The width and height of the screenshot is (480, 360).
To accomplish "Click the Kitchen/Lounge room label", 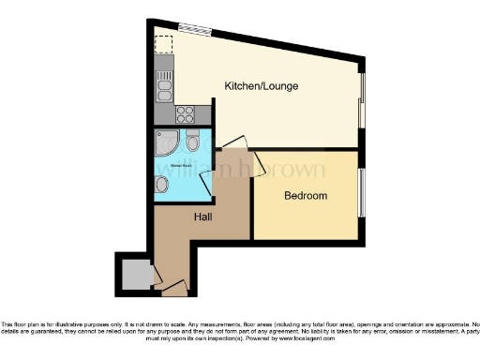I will pyautogui.click(x=261, y=86).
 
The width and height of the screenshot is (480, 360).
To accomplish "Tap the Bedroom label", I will pyautogui.click(x=306, y=196).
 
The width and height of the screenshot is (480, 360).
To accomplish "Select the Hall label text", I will pyautogui.click(x=202, y=217).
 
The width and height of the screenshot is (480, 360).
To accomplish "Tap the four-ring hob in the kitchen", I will pyautogui.click(x=185, y=114).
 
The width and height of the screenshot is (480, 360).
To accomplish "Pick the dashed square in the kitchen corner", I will pyautogui.click(x=164, y=43).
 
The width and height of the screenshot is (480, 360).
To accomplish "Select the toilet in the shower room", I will pyautogui.click(x=192, y=142).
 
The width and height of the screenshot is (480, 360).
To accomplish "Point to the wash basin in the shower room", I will pyautogui.click(x=162, y=185).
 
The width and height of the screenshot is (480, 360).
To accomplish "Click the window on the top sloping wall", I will pyautogui.click(x=195, y=28).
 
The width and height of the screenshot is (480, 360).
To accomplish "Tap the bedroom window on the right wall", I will pyautogui.click(x=361, y=195).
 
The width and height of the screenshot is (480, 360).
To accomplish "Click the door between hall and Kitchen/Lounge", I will pyautogui.click(x=233, y=142).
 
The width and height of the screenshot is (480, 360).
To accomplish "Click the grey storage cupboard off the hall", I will pyautogui.click(x=136, y=275).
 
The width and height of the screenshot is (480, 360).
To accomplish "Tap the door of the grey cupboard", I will pyautogui.click(x=157, y=276).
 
